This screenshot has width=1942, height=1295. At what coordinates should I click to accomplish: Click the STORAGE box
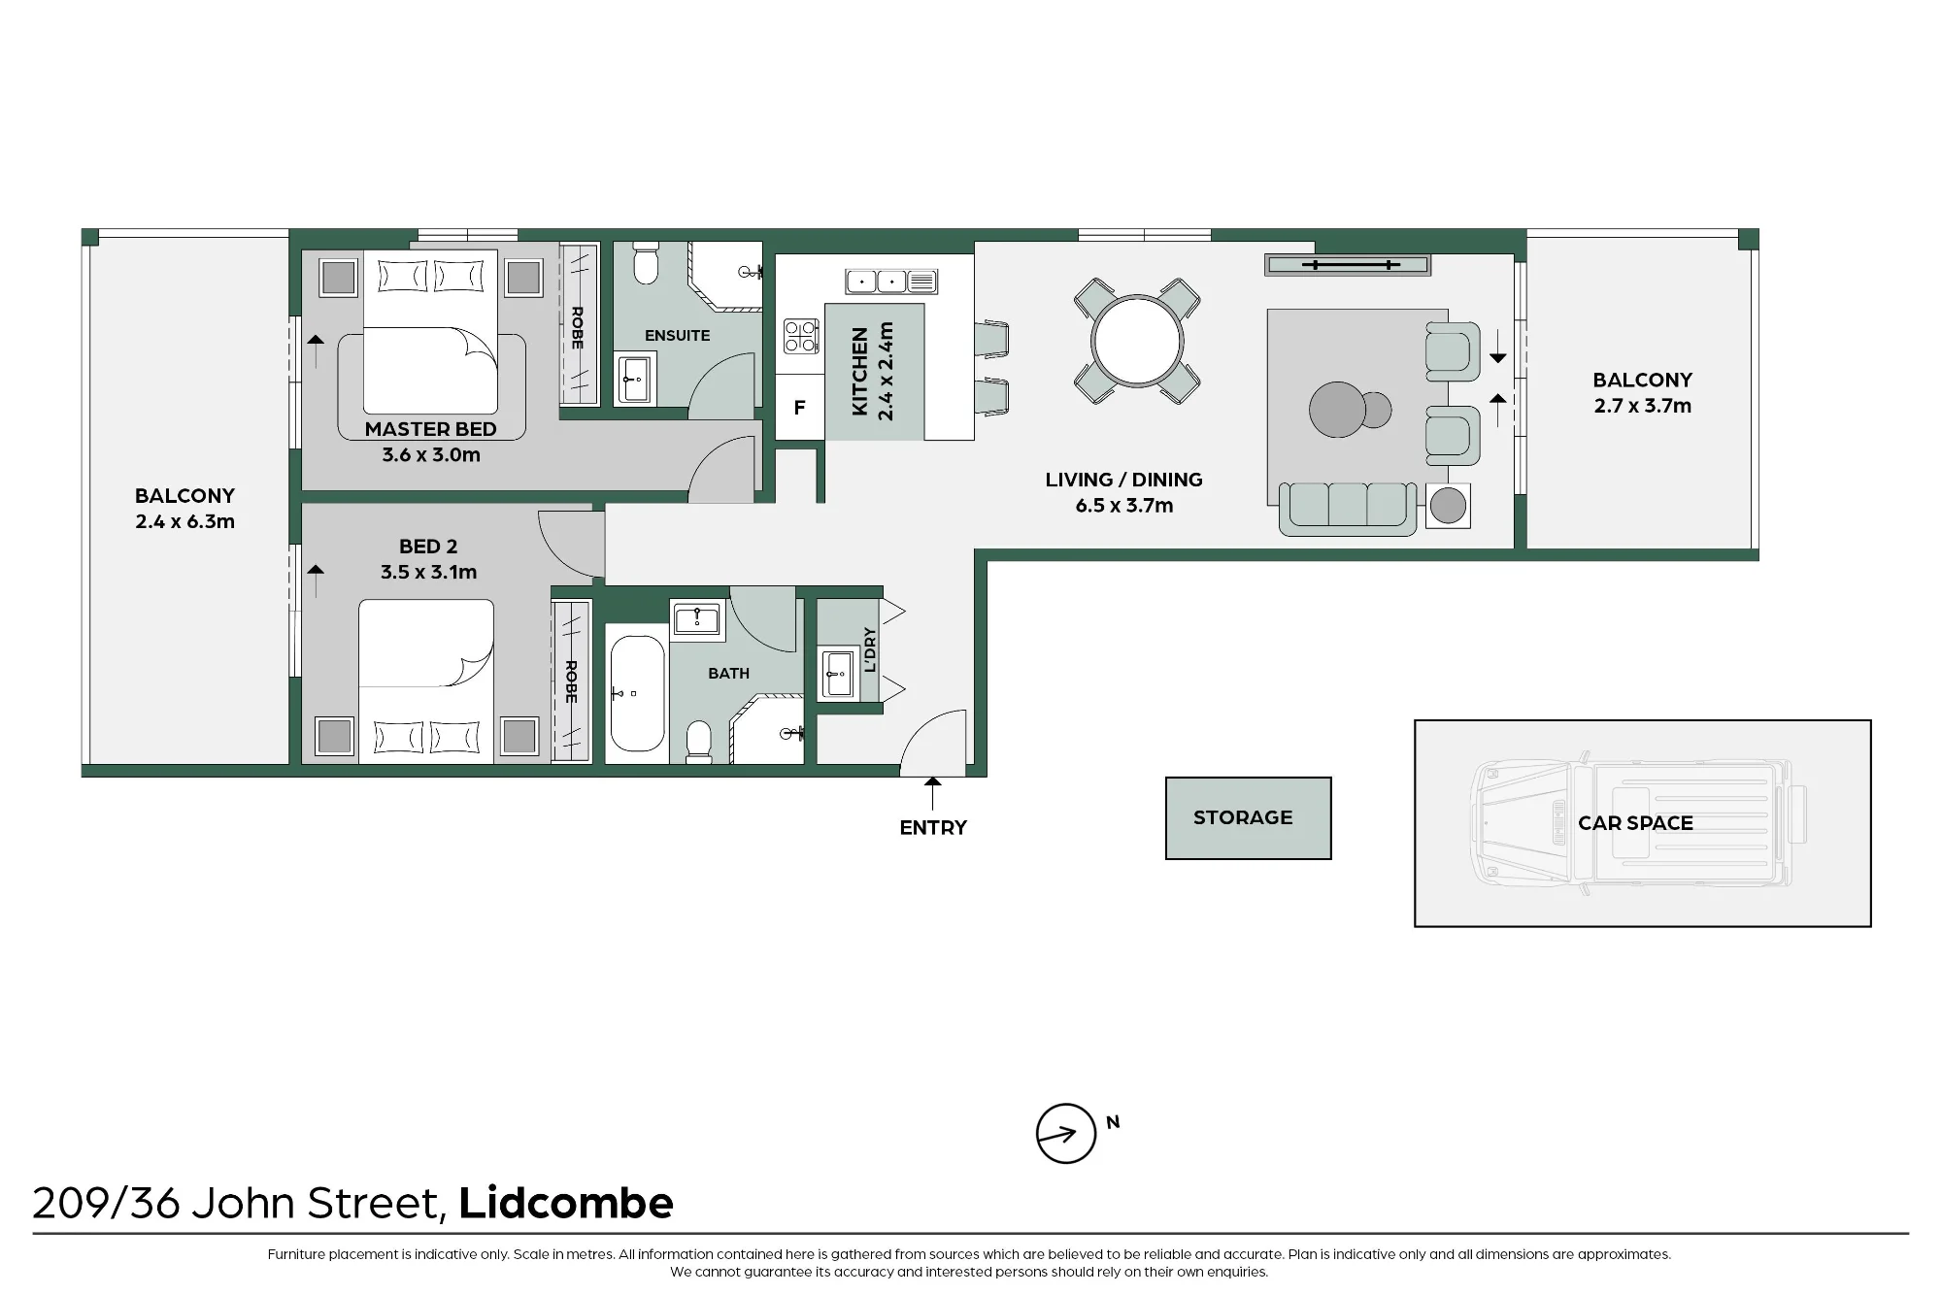click(x=1248, y=818)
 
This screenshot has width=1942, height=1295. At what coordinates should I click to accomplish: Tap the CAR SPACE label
click(x=1635, y=823)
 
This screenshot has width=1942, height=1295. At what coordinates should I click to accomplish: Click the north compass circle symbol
click(x=1066, y=1133)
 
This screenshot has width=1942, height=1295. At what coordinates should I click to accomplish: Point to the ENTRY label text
click(x=933, y=828)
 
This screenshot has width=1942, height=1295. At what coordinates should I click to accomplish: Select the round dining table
click(x=1137, y=342)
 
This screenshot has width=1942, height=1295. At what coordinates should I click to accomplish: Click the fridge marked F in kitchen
click(x=799, y=408)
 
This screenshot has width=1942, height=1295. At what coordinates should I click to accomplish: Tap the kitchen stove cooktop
click(x=801, y=336)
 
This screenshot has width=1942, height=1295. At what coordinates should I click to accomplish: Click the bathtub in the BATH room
click(x=637, y=693)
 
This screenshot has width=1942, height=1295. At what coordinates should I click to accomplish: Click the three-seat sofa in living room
click(x=1348, y=509)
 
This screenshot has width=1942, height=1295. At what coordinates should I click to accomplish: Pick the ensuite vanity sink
click(x=636, y=378)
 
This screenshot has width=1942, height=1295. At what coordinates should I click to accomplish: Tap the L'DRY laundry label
click(x=870, y=649)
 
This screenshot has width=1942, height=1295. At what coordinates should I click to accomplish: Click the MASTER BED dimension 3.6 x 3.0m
click(x=431, y=455)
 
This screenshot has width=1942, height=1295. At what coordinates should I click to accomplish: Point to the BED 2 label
click(x=428, y=547)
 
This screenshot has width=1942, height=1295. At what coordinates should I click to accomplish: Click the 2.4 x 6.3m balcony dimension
click(x=184, y=521)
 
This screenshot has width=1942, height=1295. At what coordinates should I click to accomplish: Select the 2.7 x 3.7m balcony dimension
click(x=1642, y=406)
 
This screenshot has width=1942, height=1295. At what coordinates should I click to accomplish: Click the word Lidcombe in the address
click(x=566, y=1203)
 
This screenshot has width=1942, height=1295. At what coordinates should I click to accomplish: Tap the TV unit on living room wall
click(x=1347, y=265)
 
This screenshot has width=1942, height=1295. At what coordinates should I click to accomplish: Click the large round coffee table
click(x=1337, y=410)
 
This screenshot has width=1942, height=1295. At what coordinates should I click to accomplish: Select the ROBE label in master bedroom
click(x=577, y=328)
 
